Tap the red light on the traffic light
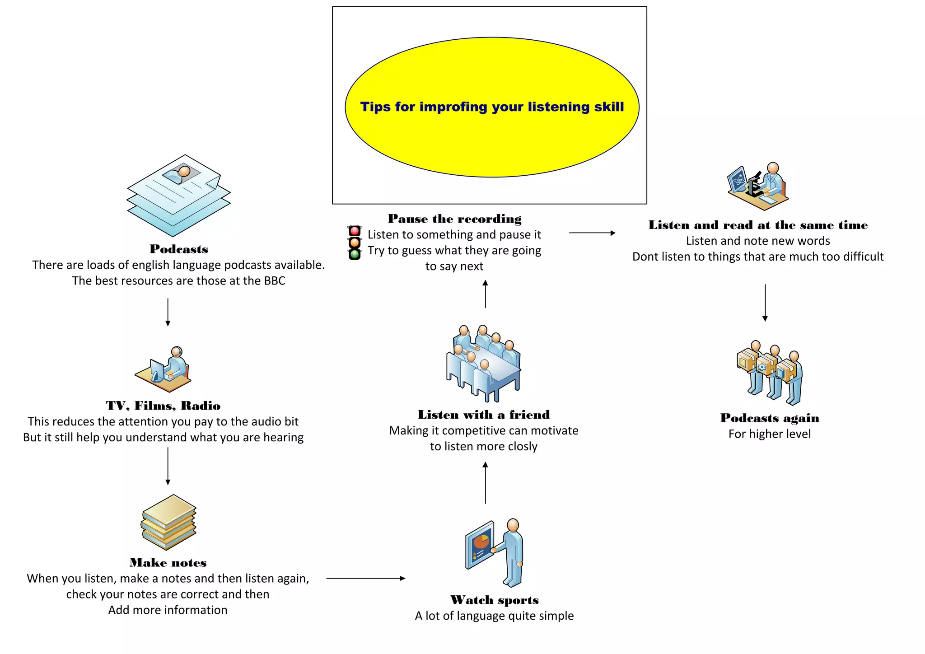355,231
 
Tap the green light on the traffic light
355,254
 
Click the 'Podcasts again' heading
769,418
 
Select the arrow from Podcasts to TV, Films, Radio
168,312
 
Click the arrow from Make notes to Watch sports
365,578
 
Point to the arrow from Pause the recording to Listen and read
592,233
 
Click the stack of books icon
168,522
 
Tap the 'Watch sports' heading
495,600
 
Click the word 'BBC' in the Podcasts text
275,281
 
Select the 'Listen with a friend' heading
484,415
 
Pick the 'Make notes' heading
168,563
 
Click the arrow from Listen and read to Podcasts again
765,303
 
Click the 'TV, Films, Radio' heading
163,406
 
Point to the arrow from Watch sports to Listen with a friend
485,482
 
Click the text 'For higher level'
769,434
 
